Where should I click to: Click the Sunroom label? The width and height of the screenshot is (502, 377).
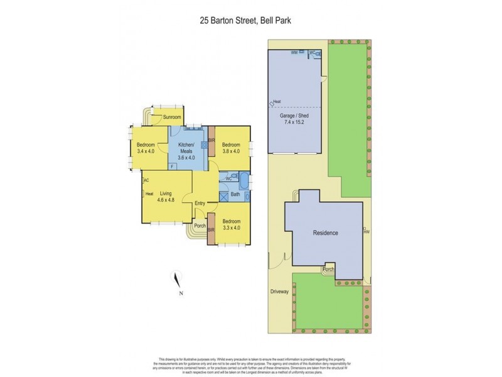click(172, 117)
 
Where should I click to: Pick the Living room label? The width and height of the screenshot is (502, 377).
click(166, 194)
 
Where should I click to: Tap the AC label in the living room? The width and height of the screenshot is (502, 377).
click(146, 180)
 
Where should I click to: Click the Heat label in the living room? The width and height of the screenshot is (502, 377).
click(149, 194)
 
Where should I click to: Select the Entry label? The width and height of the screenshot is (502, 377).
click(200, 203)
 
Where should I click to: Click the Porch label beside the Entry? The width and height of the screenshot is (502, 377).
click(200, 226)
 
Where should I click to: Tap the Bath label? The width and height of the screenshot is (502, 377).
click(235, 194)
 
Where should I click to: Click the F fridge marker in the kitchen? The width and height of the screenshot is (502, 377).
click(173, 167)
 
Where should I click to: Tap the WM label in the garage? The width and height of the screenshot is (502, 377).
click(294, 53)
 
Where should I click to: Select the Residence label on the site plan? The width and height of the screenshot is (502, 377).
click(326, 233)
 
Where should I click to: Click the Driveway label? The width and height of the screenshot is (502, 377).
click(280, 292)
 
